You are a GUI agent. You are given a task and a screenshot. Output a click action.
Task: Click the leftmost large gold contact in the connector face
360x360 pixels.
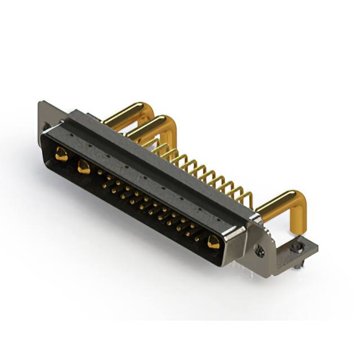[61, 154]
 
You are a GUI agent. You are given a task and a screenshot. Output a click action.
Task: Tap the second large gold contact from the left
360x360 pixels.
[84, 166]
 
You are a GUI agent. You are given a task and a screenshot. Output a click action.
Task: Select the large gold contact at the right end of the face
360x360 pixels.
[213, 242]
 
